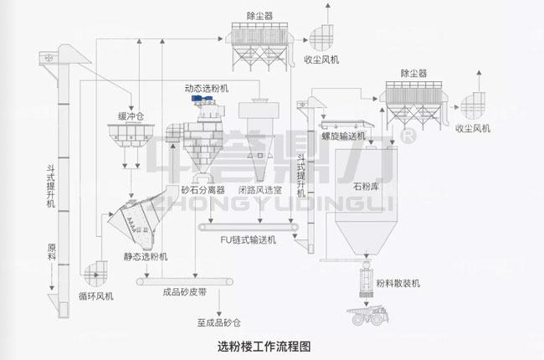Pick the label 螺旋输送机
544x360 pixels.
[x=344, y=135]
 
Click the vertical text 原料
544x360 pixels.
[x=51, y=251]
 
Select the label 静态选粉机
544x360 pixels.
[x=144, y=255]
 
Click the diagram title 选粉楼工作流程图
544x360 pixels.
[x=268, y=344]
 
